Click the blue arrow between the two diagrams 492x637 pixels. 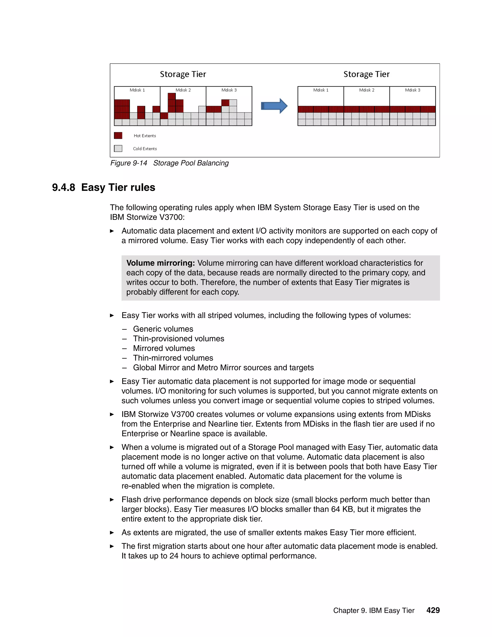coord(274,106)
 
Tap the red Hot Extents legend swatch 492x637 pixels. coord(118,136)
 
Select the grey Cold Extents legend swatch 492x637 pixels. coord(118,149)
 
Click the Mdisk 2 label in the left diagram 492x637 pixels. coord(183,90)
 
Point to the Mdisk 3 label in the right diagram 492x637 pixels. coord(412,90)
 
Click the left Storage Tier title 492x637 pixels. coord(183,74)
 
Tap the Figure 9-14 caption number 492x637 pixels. coord(129,163)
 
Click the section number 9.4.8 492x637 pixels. coord(63,187)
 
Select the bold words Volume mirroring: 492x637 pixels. coord(160,263)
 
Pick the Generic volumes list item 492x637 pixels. coord(163,329)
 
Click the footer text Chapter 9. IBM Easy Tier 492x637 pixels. coord(374,611)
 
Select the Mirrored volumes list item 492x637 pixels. coord(164,348)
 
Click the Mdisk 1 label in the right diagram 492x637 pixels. coord(321,90)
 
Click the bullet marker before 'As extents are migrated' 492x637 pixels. coord(112,533)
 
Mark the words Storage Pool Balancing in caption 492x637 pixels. coord(191,163)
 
